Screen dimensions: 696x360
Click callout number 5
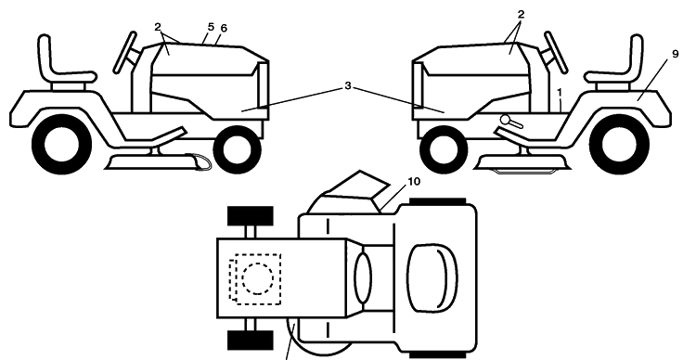point(211,27)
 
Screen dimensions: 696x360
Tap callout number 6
point(224,29)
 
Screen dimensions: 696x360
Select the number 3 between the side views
point(348,86)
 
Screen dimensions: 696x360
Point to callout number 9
point(676,54)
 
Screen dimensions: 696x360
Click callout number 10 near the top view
point(414,182)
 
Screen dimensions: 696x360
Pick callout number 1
point(560,93)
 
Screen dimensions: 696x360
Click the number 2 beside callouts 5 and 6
point(158,27)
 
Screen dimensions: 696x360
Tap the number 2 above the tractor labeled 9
point(521,14)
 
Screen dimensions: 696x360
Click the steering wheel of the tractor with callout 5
point(125,52)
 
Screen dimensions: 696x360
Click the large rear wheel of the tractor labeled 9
point(619,144)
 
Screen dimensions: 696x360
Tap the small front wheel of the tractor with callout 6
point(237,149)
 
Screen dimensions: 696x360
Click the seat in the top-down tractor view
point(432,277)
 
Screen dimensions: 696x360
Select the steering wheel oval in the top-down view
point(363,278)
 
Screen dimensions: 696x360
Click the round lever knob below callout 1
point(506,120)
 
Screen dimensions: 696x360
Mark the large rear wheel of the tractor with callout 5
point(61,144)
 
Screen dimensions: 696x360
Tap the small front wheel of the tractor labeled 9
point(444,149)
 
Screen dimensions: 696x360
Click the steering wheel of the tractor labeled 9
point(556,52)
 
